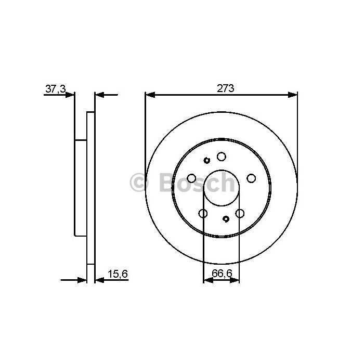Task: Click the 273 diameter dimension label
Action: pos(225,88)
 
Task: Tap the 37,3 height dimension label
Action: pos(56,89)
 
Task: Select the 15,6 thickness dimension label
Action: pos(118,274)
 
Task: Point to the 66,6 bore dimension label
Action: pos(222,273)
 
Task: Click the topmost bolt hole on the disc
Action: pos(221,157)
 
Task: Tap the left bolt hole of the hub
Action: pos(191,178)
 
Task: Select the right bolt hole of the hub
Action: pos(251,178)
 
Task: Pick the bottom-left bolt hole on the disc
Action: pos(203,213)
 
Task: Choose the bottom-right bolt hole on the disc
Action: pos(240,213)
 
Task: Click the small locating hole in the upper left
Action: pos(206,160)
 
